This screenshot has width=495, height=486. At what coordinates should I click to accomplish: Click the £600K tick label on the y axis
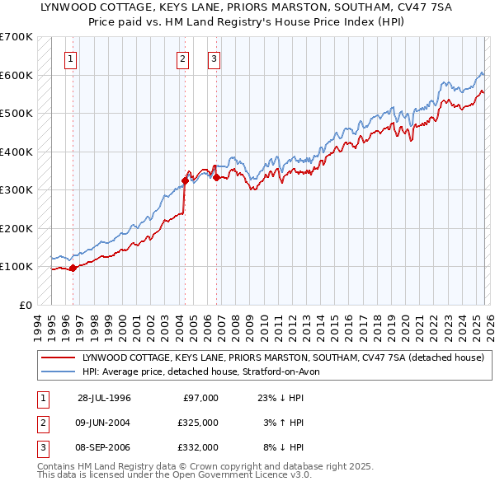(16, 75)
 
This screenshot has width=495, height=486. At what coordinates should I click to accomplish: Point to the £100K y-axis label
(16, 267)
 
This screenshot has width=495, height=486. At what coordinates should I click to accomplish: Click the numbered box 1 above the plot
(71, 58)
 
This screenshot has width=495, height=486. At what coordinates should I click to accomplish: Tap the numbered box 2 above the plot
(182, 58)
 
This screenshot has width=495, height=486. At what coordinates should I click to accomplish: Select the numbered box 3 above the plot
(214, 58)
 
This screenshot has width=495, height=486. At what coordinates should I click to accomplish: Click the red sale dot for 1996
(73, 267)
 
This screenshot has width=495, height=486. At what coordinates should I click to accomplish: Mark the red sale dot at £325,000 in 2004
(185, 180)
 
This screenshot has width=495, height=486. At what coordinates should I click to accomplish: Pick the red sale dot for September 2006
(216, 177)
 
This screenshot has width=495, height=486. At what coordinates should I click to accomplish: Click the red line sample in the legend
(59, 357)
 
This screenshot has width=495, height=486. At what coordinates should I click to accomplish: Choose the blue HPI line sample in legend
(59, 372)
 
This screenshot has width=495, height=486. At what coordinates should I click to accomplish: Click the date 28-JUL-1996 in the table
(104, 398)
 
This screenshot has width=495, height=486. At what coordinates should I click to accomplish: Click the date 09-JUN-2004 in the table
(104, 423)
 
